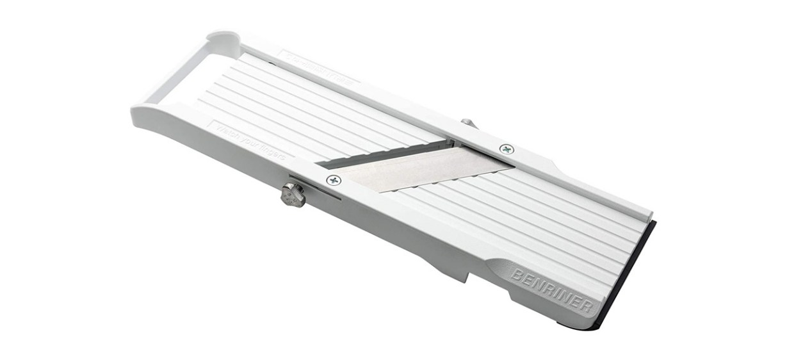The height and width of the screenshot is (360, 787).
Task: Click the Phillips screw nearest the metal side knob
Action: click(334, 180)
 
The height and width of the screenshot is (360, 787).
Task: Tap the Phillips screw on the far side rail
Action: click(507, 149)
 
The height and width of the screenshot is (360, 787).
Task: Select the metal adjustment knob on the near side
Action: click(293, 195)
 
